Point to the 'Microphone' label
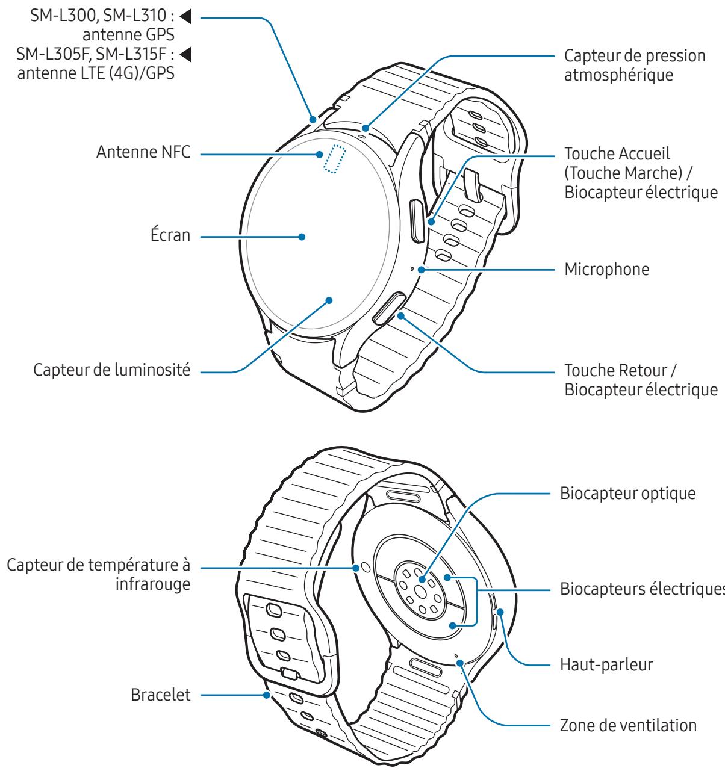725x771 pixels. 607,270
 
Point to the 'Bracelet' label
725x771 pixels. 161,696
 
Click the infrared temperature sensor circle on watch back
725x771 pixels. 364,567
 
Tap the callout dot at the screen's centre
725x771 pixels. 302,237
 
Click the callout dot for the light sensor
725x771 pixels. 329,299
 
